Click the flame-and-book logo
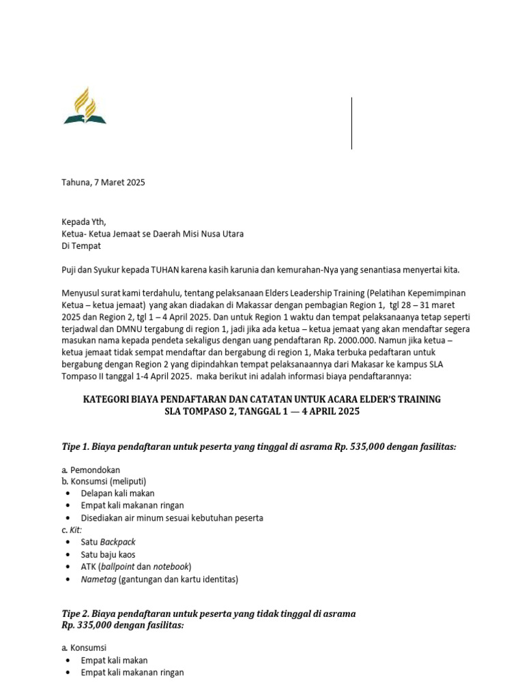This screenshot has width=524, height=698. [x=85, y=106]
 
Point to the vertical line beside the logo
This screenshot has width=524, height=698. [x=351, y=123]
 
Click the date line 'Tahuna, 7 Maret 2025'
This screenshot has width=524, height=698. [x=103, y=183]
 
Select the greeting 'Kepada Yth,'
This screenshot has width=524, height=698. [x=84, y=222]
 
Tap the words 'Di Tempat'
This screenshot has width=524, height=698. [x=81, y=246]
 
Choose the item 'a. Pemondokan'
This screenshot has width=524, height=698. [x=91, y=470]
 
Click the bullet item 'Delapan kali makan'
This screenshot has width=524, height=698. [x=117, y=493]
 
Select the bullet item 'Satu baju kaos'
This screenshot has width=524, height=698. [x=108, y=554]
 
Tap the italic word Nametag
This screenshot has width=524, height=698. [x=99, y=579]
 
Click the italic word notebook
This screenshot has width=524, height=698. [x=171, y=566]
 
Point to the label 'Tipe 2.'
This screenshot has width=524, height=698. [x=75, y=613]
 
